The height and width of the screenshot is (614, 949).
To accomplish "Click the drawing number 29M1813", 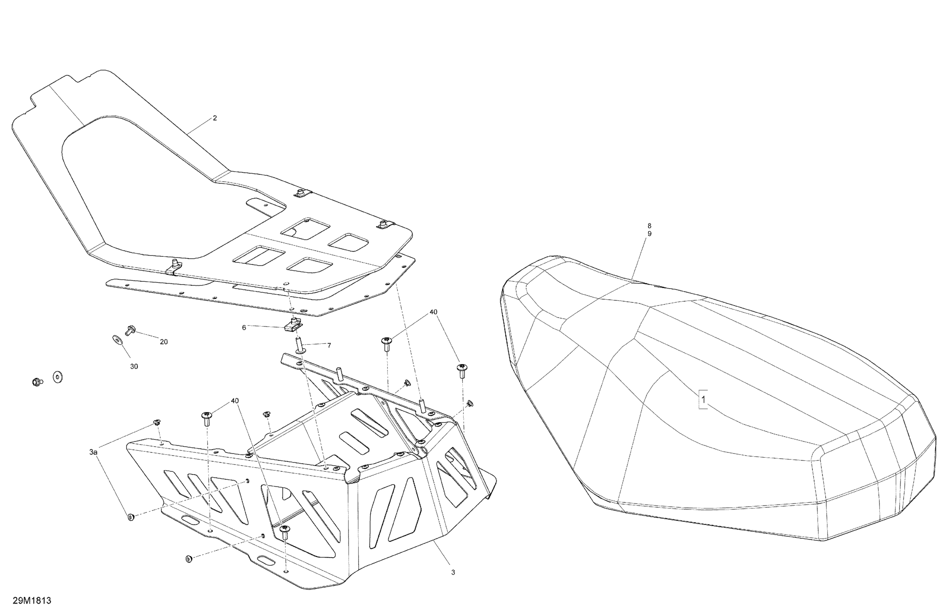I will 32,600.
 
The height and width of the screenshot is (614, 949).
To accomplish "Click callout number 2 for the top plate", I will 215,118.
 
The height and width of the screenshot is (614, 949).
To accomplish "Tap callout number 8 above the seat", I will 649,226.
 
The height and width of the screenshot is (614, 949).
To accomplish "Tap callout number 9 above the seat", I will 649,234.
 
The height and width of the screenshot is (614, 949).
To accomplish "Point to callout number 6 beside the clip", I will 244,327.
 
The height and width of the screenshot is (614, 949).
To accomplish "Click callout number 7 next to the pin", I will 329,345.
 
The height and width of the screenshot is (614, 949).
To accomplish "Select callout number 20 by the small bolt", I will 164,342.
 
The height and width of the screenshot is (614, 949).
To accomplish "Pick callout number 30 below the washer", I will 134,366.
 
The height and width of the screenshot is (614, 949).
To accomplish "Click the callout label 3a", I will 93,452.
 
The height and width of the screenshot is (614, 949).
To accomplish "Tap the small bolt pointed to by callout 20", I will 130,329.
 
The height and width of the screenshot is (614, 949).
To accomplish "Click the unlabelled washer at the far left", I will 58,377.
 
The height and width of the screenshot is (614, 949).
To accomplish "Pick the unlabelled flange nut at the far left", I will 36,382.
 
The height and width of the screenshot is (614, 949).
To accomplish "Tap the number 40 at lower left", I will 235,400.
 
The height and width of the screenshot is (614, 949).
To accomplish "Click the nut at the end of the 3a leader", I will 131,517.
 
